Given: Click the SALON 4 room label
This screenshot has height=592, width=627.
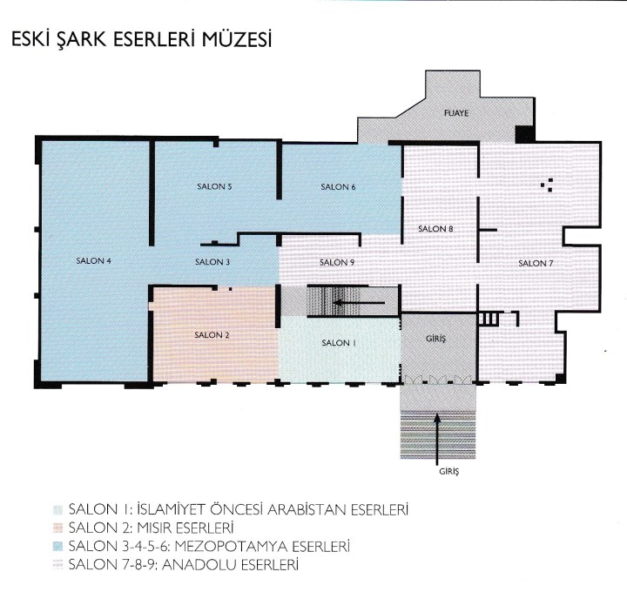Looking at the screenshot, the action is coord(93,261).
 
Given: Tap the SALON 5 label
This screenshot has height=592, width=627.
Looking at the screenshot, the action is coord(214,186).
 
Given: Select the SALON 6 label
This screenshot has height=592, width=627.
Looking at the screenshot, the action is coord(338,186).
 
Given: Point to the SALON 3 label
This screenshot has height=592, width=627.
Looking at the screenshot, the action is coord(212,262).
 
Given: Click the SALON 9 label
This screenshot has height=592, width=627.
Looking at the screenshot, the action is coord(337,263).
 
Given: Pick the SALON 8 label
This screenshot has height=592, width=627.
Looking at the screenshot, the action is coord(435,229).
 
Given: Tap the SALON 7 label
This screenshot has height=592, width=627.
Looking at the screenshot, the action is coord(536,264).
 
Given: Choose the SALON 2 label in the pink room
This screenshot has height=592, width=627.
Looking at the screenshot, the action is coord(212,335).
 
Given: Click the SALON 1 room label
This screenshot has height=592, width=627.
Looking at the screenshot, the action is coord(338,343).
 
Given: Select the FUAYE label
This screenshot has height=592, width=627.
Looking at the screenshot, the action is coord(456,113).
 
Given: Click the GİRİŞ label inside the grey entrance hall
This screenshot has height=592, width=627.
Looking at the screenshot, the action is coord(436,339).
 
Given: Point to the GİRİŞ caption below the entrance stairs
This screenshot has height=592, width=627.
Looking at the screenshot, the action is coord(449,471).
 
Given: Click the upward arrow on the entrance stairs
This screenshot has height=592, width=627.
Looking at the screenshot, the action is coord(437,440).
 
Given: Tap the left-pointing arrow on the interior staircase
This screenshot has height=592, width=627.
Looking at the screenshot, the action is coord(359,303).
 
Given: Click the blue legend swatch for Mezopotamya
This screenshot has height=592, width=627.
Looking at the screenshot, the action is coord(58,547).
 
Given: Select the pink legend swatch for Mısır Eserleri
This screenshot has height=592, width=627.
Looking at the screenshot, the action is coord(58,528).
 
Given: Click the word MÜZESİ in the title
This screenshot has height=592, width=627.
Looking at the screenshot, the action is coord(237,39).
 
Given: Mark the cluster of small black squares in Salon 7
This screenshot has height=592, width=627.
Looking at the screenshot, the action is coord(547,185).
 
